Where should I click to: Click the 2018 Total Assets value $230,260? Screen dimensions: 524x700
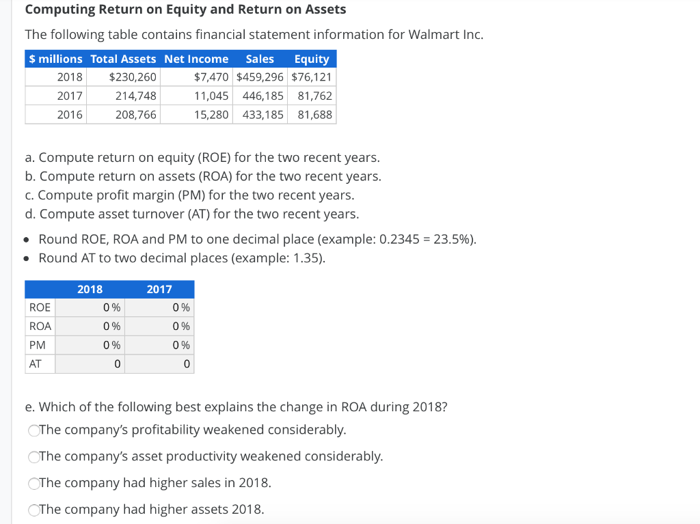(133, 77)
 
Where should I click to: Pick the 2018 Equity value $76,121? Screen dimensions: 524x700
(312, 77)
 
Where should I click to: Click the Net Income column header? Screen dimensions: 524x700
(196, 59)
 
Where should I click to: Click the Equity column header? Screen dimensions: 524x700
(312, 59)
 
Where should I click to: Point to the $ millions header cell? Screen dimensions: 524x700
(55, 59)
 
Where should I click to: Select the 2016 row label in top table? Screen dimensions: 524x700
(69, 115)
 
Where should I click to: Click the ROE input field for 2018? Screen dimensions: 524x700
(90, 308)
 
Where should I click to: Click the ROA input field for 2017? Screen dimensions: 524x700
(159, 327)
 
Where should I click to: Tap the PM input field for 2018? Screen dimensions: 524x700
(90, 346)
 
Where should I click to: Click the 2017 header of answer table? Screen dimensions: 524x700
(159, 290)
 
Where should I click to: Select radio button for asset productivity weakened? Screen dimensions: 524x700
(33, 457)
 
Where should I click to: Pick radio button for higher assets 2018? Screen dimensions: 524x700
(33, 510)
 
